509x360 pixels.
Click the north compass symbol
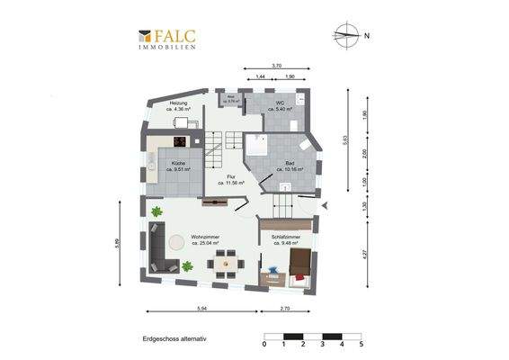point(345,36)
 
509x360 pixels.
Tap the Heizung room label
point(178,106)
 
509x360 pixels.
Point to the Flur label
point(231,180)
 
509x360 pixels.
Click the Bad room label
point(290,165)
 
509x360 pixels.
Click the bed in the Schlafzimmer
point(299,264)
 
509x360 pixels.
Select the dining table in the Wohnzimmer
point(225,263)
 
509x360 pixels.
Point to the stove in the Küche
point(179,140)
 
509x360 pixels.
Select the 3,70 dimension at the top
point(277,66)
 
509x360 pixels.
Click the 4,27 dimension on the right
point(365,254)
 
